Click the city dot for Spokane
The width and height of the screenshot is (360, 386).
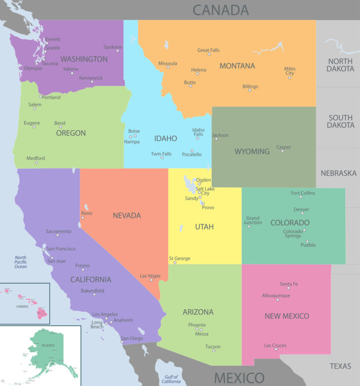(x=118, y=50)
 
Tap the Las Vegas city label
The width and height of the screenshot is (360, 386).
(x=150, y=276)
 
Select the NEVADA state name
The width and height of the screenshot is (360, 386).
(x=127, y=215)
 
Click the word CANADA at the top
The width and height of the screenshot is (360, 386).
(x=221, y=10)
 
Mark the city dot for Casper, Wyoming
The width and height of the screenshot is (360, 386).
(x=282, y=151)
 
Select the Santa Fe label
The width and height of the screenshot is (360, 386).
(x=289, y=284)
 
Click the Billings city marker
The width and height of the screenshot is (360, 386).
(x=250, y=90)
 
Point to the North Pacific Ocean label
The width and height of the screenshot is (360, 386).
(x=21, y=262)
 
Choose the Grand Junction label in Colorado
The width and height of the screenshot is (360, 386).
(x=253, y=220)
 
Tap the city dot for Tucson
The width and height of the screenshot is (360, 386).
(x=214, y=351)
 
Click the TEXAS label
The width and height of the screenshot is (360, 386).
(x=340, y=366)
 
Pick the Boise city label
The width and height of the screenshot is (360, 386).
(x=134, y=131)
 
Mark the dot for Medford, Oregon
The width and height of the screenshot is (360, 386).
(x=36, y=162)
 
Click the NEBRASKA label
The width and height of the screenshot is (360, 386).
(x=338, y=173)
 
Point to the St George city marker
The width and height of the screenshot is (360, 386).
(x=175, y=262)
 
